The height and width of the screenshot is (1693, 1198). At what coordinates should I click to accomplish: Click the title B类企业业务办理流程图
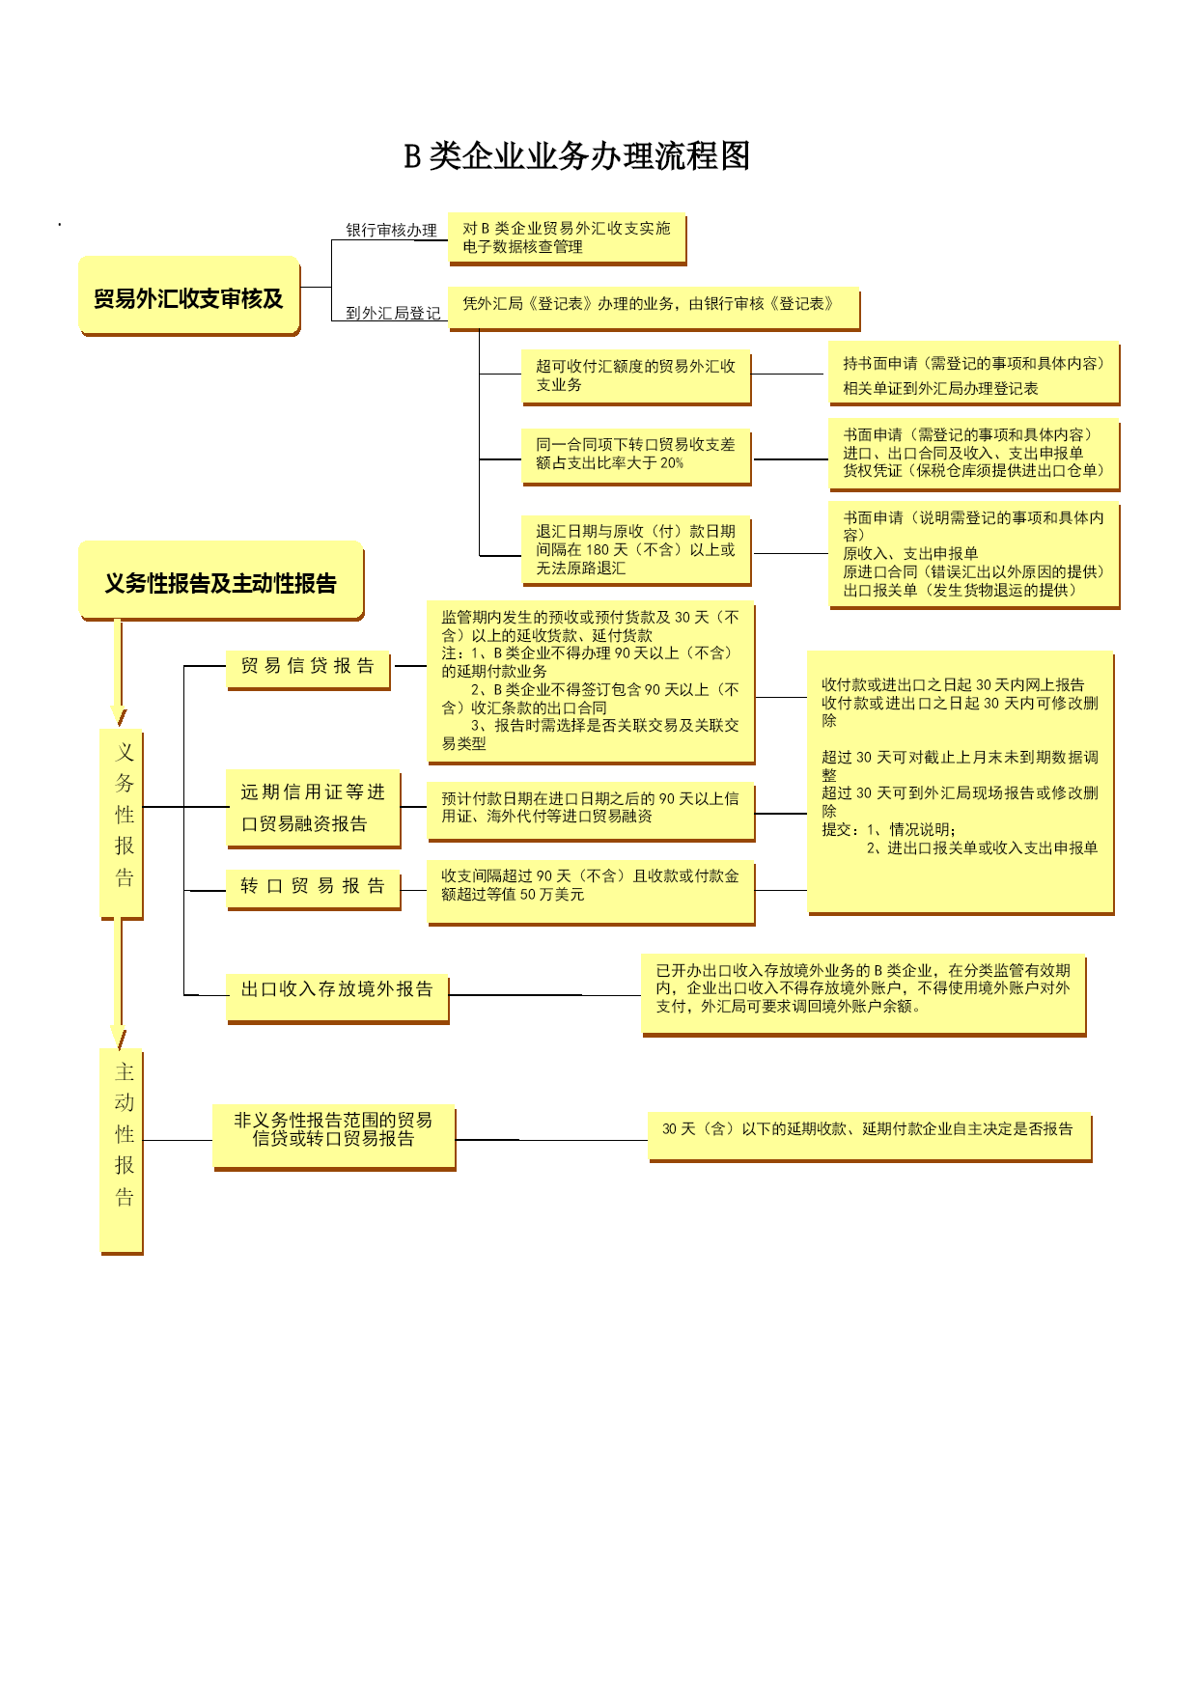[576, 155]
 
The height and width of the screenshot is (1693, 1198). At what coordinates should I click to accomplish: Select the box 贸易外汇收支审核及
[190, 296]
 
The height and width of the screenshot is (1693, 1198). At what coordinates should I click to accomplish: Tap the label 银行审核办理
[391, 230]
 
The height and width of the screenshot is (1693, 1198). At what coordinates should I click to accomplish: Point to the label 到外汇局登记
[393, 313]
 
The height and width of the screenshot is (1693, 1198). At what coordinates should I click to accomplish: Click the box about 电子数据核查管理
[568, 238]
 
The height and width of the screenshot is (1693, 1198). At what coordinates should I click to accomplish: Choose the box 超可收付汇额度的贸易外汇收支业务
[636, 376]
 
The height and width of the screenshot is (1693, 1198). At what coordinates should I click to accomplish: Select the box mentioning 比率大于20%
[636, 457]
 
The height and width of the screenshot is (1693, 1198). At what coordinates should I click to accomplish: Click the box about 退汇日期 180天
[636, 551]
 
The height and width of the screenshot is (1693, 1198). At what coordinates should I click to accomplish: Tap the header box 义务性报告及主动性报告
[222, 581]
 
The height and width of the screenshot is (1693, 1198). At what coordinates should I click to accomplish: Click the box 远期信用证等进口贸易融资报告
[313, 809]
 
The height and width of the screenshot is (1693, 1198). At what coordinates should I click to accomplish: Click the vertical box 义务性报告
[122, 823]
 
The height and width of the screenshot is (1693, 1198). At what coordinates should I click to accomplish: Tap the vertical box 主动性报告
[122, 1152]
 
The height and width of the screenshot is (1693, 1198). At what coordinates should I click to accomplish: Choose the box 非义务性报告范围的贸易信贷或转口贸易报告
[334, 1138]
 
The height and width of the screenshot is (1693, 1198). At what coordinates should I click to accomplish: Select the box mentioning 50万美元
[591, 893]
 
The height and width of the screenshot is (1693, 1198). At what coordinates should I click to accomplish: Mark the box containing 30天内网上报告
[961, 783]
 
